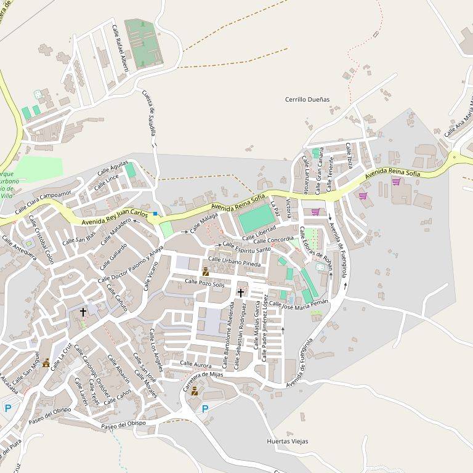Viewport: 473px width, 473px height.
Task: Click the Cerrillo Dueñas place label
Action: point(307,99)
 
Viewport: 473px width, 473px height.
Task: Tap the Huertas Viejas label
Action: point(288,441)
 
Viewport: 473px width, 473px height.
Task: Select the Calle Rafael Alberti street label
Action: point(119,49)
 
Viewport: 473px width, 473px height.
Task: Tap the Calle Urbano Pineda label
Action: point(235,263)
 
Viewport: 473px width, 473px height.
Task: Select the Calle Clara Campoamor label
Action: point(43,201)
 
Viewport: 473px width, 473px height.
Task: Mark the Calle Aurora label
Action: point(195,365)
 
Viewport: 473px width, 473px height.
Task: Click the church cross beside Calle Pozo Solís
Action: point(240,293)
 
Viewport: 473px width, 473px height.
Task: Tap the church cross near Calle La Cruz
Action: point(83,312)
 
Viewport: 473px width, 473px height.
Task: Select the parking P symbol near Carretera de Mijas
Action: point(205,408)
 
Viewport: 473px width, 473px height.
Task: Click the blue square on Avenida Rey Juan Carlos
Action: point(155,214)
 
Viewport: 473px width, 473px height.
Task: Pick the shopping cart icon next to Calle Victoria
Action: point(315,212)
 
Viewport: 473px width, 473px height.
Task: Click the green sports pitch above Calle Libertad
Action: point(256,218)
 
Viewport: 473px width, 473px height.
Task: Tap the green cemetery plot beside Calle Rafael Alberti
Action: point(143,42)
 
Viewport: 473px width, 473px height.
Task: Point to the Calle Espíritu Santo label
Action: point(246,248)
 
